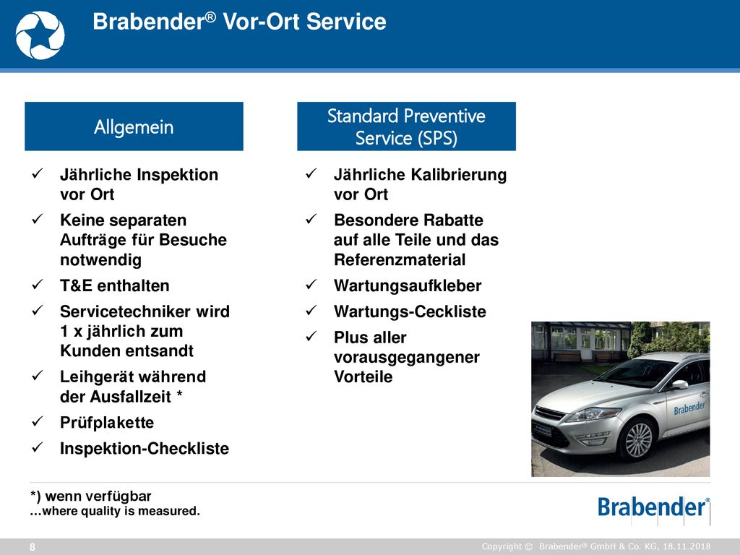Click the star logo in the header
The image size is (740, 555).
40,35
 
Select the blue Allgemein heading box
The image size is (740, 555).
134,126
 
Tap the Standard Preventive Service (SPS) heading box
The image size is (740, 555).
406,126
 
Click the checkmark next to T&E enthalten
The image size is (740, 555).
38,285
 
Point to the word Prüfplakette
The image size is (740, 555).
107,422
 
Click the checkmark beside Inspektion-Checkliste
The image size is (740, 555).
38,447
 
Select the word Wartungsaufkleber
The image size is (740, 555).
408,285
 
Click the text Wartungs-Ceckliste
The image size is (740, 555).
410,311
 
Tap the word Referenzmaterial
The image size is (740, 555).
400,259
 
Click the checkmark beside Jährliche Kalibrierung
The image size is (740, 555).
311,173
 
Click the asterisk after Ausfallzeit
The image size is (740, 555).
179,394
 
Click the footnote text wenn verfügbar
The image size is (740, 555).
98,496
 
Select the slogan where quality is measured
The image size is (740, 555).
121,511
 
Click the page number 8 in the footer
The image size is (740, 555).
32,547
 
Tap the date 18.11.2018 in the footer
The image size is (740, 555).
687,546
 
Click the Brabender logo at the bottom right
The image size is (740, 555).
653,508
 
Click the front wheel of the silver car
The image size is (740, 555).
637,440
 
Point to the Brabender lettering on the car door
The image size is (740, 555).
689,408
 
